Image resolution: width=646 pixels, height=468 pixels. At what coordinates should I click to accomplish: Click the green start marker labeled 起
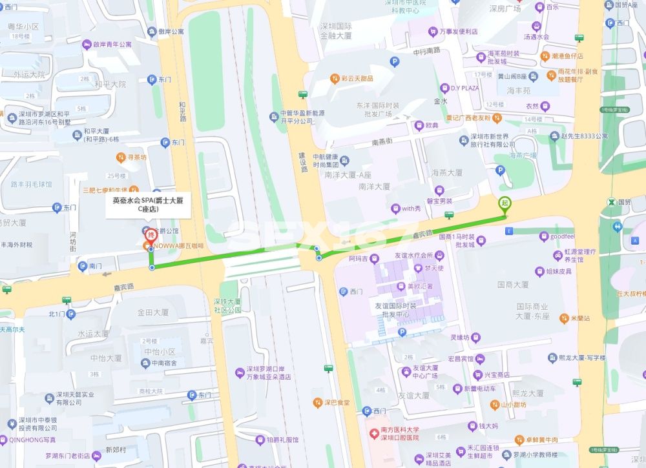(505, 203)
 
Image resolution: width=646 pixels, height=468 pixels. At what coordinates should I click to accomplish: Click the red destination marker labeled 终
(150, 235)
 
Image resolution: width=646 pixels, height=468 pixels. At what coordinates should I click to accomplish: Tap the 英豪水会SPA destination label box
(148, 205)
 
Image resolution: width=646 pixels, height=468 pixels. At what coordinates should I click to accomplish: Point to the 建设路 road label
(303, 162)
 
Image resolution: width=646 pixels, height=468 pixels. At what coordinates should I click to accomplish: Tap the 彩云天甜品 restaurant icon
(335, 79)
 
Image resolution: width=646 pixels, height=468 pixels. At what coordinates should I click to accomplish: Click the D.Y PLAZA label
(464, 88)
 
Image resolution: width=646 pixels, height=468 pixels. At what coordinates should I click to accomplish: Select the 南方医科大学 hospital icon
(373, 432)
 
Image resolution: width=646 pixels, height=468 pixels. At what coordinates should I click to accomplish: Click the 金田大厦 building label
(152, 312)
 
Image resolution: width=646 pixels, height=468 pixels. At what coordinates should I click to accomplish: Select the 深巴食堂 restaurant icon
(317, 402)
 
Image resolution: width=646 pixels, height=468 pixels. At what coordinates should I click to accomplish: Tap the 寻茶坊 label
(136, 157)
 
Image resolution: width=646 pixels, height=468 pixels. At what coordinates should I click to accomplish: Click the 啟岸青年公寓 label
(112, 45)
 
